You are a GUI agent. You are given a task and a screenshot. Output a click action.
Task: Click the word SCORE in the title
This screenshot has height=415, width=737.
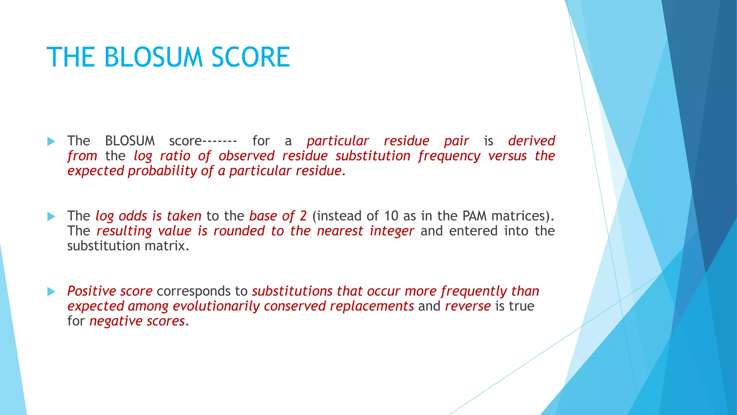click(x=250, y=57)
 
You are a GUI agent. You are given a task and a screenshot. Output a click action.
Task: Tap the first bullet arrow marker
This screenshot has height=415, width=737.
click(x=51, y=141)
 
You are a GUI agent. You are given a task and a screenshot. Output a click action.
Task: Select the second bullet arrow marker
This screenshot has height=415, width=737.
click(x=51, y=217)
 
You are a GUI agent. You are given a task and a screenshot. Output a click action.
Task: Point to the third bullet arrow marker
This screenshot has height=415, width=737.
click(x=51, y=291)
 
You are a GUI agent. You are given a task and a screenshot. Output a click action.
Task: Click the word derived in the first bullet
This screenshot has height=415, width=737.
click(x=532, y=140)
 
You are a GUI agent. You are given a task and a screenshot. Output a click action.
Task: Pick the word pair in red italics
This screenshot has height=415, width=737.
click(x=456, y=141)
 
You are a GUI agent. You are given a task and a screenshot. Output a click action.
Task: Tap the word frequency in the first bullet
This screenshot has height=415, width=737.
click(x=449, y=156)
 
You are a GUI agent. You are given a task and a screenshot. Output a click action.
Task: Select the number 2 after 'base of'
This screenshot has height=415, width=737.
click(x=303, y=216)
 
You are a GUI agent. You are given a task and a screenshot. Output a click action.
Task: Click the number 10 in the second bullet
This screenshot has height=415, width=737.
click(x=391, y=216)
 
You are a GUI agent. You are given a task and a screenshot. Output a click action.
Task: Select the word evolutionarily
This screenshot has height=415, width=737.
click(x=216, y=306)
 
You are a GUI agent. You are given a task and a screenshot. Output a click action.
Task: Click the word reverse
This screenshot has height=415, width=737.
click(x=468, y=306)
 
